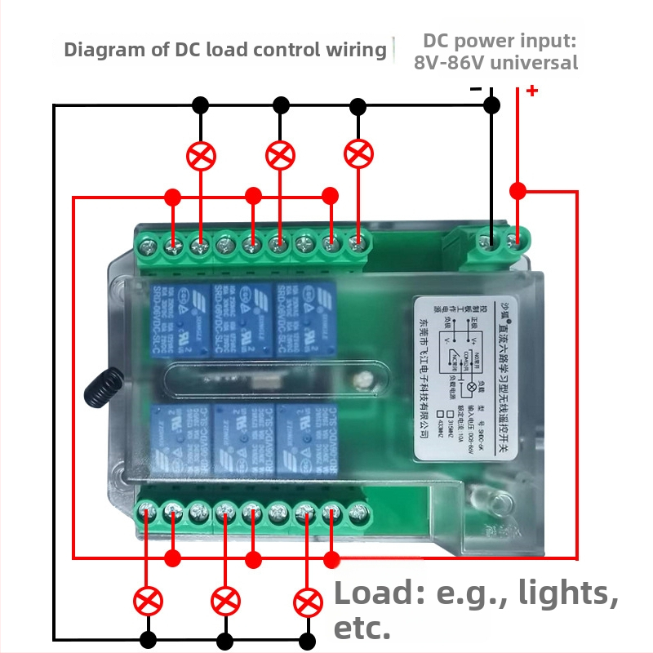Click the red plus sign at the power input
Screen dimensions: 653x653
(532, 91)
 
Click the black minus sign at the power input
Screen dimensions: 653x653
(476, 89)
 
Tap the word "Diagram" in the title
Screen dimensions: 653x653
(95, 50)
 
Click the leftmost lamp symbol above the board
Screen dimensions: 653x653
(201, 156)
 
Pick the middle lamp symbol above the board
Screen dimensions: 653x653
(281, 154)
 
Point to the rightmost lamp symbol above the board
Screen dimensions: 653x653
(358, 153)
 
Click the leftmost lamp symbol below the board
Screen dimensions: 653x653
(148, 602)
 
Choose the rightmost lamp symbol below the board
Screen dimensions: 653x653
(307, 602)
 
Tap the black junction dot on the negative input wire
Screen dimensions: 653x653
(491, 104)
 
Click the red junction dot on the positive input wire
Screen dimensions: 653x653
(518, 191)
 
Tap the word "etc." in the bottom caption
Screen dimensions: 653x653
(363, 629)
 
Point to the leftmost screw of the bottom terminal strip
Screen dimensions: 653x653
(148, 513)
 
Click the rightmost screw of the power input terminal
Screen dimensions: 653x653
(516, 241)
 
